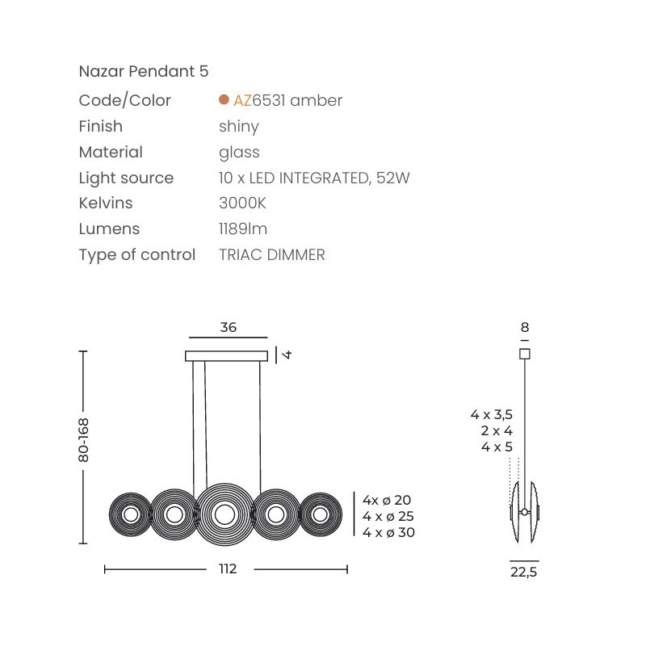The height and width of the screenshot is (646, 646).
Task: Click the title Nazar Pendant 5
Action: click(x=144, y=71)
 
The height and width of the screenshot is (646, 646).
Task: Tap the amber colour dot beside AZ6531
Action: click(x=224, y=99)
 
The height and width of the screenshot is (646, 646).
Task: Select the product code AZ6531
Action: click(x=259, y=100)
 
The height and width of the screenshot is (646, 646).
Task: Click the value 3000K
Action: click(x=242, y=203)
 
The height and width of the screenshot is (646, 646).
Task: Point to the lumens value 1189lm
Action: click(x=243, y=229)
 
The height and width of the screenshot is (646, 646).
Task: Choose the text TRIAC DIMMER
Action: click(x=272, y=254)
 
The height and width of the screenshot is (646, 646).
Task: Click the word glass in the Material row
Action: click(x=239, y=153)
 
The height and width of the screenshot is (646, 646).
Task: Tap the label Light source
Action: click(x=126, y=178)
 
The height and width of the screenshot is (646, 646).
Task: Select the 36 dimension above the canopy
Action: click(x=229, y=327)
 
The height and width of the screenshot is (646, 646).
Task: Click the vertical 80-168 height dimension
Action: click(x=83, y=439)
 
